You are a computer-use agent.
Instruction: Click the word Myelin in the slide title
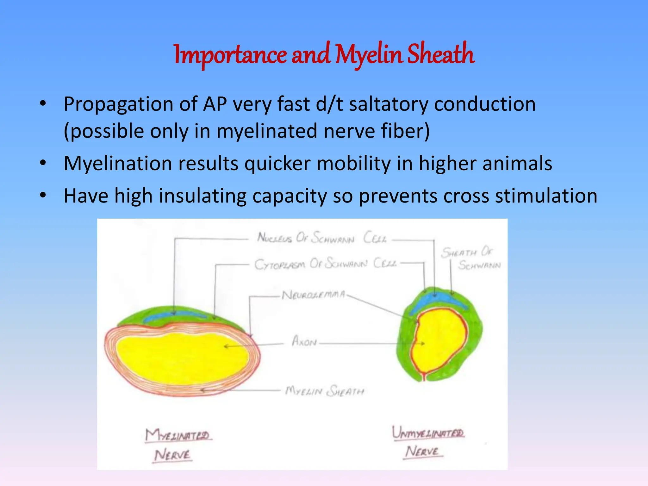point(369,54)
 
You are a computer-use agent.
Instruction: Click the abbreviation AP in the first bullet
point(215,104)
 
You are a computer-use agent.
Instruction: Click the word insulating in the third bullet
point(202,196)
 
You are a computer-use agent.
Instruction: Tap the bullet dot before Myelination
point(43,163)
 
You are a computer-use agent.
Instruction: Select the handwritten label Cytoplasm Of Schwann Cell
point(325,264)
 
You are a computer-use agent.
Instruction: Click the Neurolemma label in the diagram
point(313,295)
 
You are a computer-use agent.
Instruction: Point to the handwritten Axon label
point(304,341)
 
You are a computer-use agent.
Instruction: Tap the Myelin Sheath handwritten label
point(324,391)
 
